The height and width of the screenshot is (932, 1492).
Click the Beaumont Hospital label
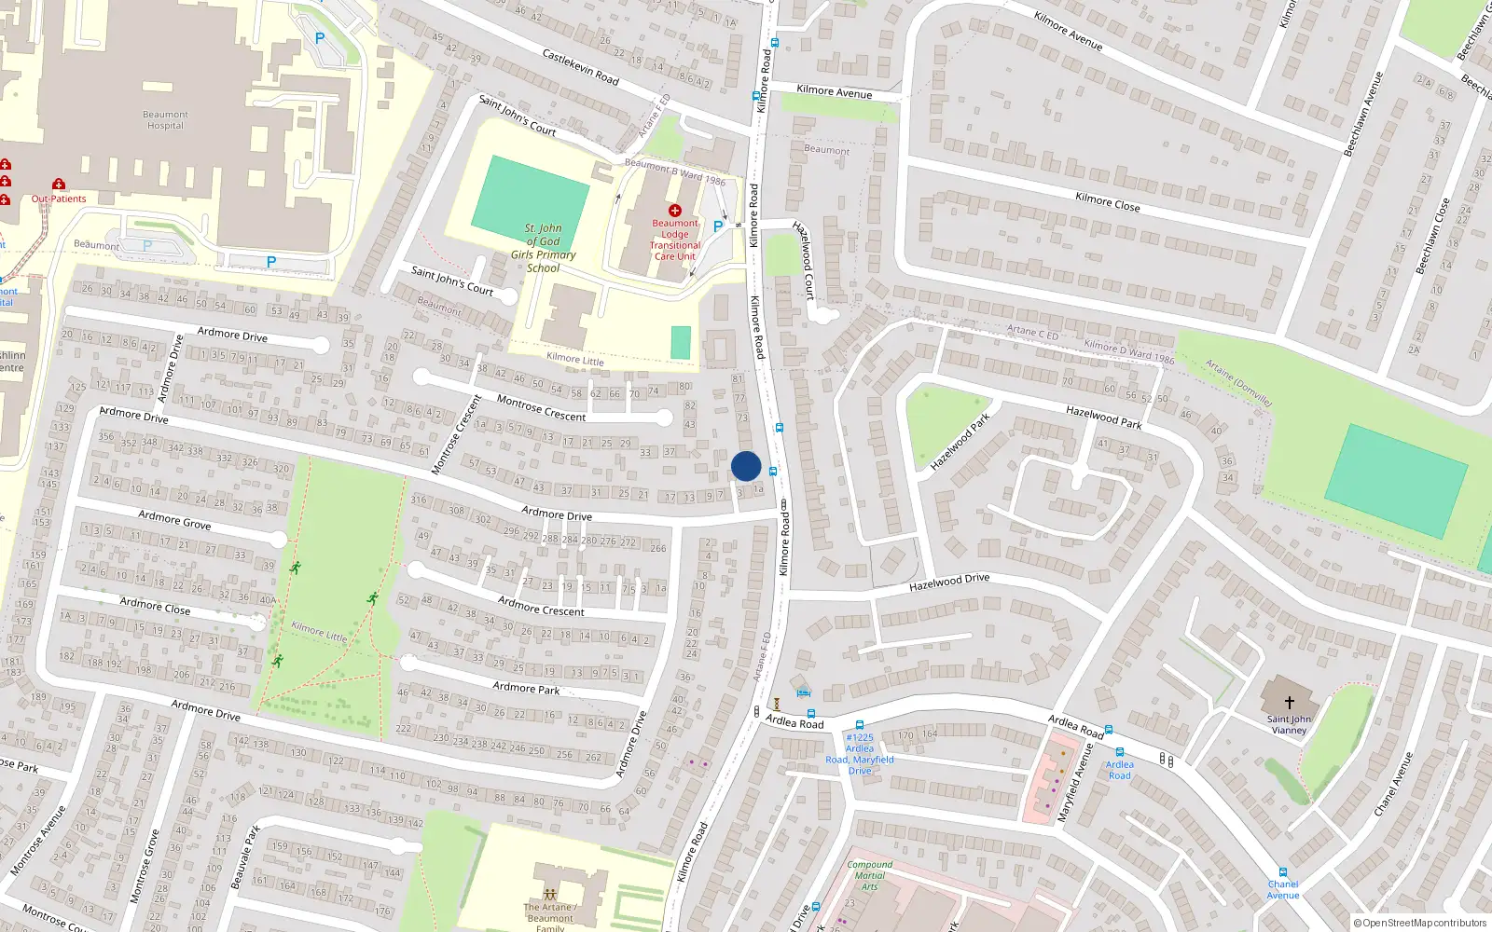pos(165,120)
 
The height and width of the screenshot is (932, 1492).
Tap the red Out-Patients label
pos(59,199)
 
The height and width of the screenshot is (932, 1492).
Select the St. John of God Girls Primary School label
pos(543,248)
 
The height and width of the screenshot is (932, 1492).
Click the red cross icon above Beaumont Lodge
pos(675,211)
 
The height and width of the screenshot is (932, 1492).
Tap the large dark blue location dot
pos(746,466)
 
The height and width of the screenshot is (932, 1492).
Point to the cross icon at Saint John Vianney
pos(1290,703)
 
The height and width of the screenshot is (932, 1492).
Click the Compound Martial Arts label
pos(869,875)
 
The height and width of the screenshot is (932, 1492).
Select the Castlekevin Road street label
pos(581,67)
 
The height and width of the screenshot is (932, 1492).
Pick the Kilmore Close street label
pos(1107,202)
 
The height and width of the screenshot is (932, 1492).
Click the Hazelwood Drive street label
pos(949,582)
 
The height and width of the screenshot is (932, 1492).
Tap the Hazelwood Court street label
pos(804,260)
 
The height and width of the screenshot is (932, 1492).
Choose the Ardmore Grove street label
pos(174,520)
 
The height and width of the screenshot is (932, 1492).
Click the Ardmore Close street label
pos(155,607)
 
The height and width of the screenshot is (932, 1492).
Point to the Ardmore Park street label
pos(526,688)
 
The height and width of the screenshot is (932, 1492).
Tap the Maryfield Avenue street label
pos(1074,782)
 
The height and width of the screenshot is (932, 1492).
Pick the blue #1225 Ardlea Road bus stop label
pos(860,754)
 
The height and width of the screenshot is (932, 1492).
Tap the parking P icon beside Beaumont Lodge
pos(717,226)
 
